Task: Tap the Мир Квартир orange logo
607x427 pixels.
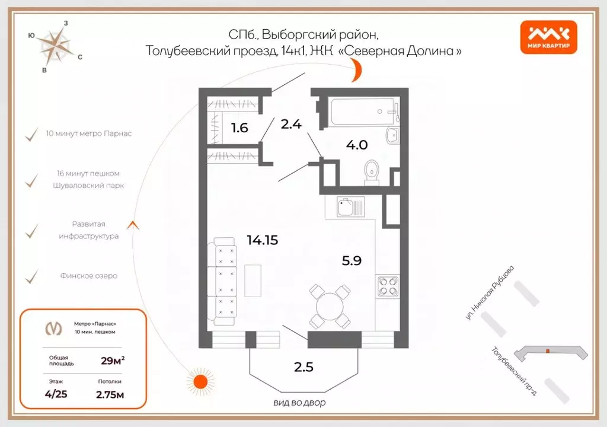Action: pos(548,36)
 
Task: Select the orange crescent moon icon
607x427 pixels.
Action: pos(356,74)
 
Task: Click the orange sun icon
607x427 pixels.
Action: pos(199,380)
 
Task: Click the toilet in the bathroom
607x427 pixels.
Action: pos(372,170)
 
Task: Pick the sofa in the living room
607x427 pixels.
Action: pos(223,282)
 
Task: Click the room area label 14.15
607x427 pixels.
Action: pos(262,240)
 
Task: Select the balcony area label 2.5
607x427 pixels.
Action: pos(303,367)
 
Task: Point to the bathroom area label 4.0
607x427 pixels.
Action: pos(358,144)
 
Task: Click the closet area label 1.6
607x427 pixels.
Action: pos(239,126)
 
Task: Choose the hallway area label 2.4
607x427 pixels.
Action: pos(292,124)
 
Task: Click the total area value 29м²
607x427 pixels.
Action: pos(113,359)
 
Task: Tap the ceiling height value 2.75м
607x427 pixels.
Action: pos(110,394)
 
